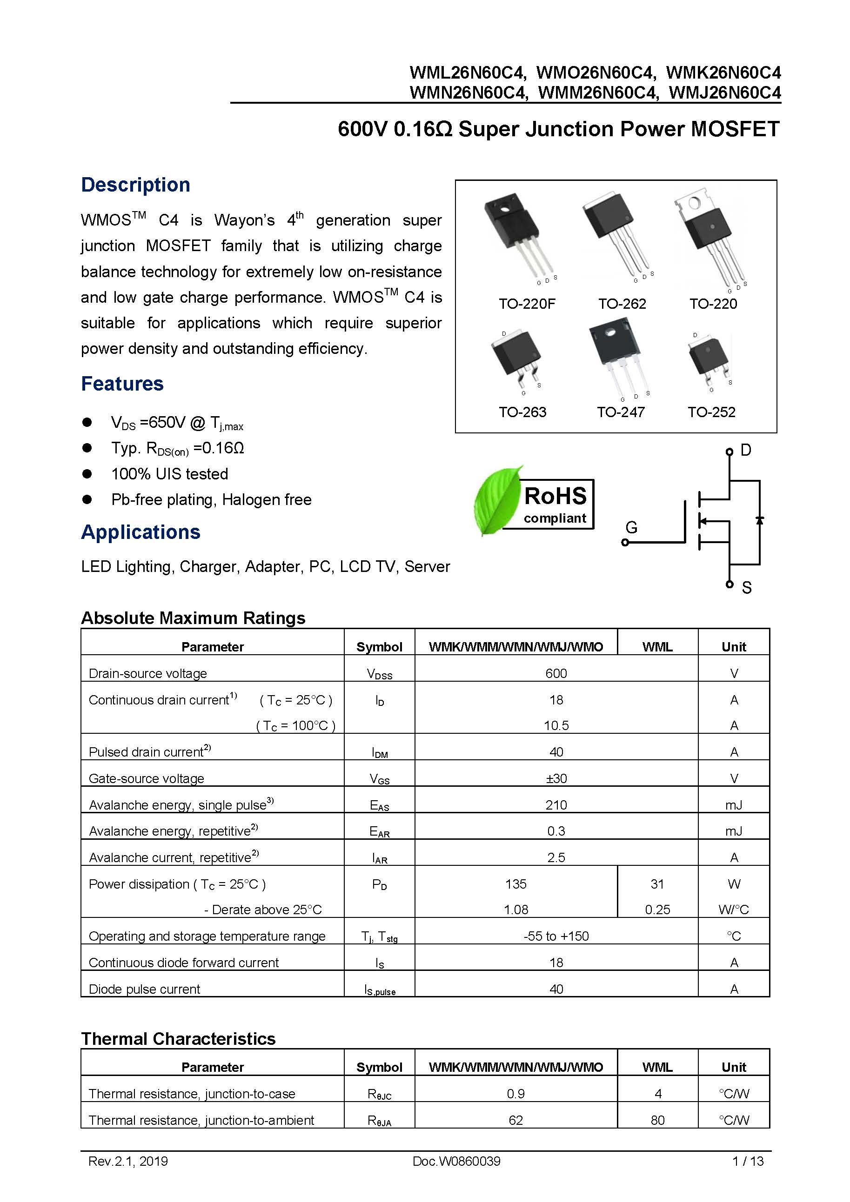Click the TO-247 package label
(620, 412)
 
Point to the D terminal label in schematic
(746, 450)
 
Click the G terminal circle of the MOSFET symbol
(625, 542)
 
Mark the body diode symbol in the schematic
(759, 520)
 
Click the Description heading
(135, 185)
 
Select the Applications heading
(141, 532)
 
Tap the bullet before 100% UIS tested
(87, 474)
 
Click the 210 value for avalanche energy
(556, 804)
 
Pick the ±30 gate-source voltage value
(556, 778)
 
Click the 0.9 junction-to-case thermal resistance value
(515, 1094)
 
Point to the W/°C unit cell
(733, 910)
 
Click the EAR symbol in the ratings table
(379, 831)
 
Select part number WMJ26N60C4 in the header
(724, 93)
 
